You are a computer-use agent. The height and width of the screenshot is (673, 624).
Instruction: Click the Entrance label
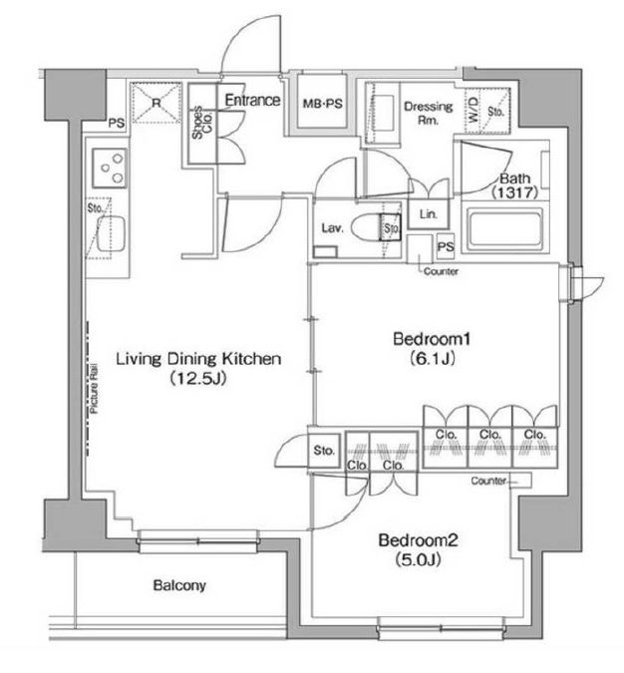point(250,101)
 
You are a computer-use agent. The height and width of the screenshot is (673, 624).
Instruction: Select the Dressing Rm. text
point(429,113)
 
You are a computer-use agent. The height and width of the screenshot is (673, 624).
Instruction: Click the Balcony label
point(179,586)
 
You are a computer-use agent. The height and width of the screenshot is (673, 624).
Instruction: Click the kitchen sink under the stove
point(107,231)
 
